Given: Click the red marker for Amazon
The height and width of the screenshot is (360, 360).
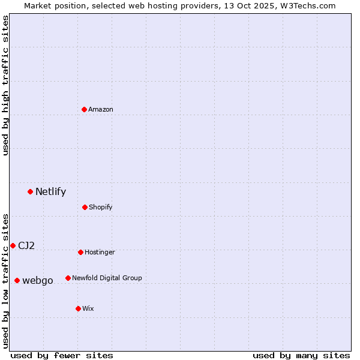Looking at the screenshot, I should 84,109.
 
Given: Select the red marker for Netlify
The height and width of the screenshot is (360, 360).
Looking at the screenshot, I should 30,191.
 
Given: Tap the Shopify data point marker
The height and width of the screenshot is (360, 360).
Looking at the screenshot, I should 85,207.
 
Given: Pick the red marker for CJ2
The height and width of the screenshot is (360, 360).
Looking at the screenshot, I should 13,245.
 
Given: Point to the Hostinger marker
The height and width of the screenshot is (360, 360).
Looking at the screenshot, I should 80,252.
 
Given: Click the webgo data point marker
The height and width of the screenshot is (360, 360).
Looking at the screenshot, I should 17,280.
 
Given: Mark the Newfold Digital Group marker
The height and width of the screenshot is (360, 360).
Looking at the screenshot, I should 68,278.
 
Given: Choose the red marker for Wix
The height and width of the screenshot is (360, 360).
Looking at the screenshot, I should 78,308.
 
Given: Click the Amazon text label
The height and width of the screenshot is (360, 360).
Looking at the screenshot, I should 101,109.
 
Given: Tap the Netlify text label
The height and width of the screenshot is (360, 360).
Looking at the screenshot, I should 50,192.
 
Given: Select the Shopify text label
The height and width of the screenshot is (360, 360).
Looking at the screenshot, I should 101,207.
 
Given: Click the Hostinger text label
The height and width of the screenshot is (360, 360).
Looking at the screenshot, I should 100,252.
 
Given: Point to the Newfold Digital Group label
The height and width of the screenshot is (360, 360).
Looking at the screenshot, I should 107,278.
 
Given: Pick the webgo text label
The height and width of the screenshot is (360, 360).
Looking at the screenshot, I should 38,281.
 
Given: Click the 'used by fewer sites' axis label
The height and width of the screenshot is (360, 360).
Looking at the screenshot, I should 62,355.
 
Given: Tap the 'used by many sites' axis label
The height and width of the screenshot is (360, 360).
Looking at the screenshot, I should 301,355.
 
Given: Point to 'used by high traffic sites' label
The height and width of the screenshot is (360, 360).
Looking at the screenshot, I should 5,85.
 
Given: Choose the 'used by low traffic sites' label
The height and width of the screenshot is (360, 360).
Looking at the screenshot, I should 5,280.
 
